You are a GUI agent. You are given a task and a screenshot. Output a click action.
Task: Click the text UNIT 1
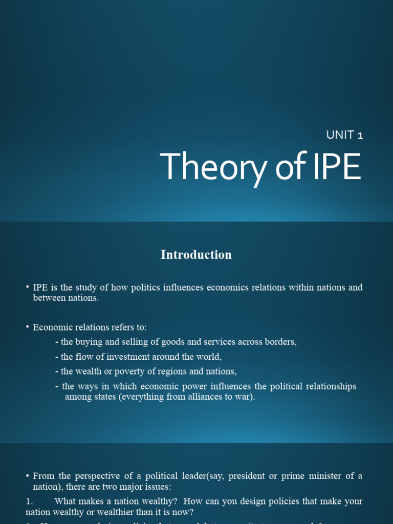344,135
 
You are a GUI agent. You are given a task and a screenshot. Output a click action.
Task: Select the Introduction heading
196,255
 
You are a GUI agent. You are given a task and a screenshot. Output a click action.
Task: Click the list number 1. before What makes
29,501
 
